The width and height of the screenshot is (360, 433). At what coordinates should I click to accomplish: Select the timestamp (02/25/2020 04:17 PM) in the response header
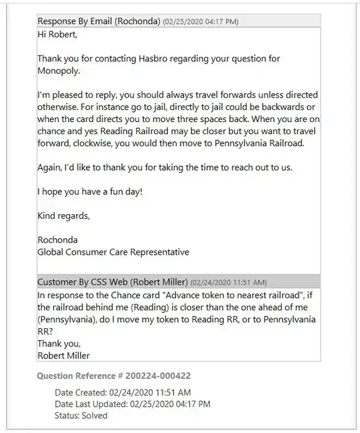coord(201,21)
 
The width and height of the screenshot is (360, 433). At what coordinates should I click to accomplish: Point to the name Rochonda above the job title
coord(57,240)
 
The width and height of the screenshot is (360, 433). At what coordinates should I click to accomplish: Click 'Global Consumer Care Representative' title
coord(113,252)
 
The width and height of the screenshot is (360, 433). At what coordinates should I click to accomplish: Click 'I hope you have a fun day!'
coord(89,191)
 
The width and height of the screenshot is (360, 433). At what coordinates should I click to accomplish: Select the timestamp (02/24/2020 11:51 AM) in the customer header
coord(228,282)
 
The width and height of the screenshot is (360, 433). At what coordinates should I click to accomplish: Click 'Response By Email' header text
coord(75,21)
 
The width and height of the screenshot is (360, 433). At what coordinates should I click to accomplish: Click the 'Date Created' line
coord(123,392)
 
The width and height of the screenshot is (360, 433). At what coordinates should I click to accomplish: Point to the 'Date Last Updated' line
coord(132,404)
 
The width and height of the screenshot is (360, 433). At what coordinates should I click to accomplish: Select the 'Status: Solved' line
coord(81,415)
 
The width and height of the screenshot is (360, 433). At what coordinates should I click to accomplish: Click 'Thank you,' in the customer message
coord(59,343)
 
